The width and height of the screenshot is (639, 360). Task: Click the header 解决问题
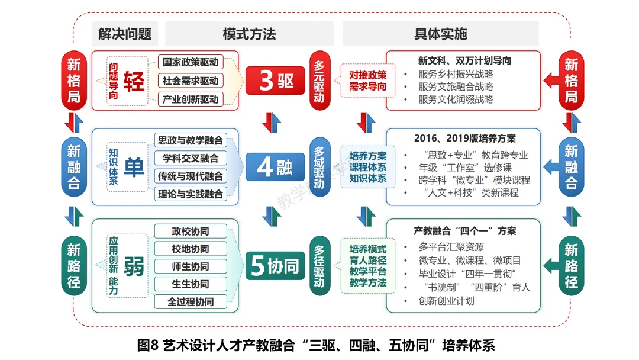click(125, 34)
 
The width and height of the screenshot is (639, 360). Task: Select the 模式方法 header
click(249, 34)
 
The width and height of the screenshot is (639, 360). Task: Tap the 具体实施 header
click(441, 34)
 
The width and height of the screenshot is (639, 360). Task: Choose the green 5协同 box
click(276, 266)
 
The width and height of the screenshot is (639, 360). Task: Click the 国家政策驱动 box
click(191, 62)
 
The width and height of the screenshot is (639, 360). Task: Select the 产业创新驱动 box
click(191, 99)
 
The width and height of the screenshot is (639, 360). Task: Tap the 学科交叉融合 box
click(191, 158)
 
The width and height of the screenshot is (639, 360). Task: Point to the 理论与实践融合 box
click(191, 194)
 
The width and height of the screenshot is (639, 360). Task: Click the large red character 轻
click(134, 81)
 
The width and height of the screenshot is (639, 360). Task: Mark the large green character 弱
click(134, 265)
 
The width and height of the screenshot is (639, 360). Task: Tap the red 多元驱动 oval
click(320, 80)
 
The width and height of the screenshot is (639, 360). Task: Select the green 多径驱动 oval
click(320, 266)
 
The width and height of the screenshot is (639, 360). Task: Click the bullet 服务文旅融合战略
click(456, 86)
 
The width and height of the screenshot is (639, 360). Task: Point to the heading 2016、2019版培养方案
click(465, 138)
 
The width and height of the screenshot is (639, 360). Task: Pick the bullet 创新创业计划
click(446, 301)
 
